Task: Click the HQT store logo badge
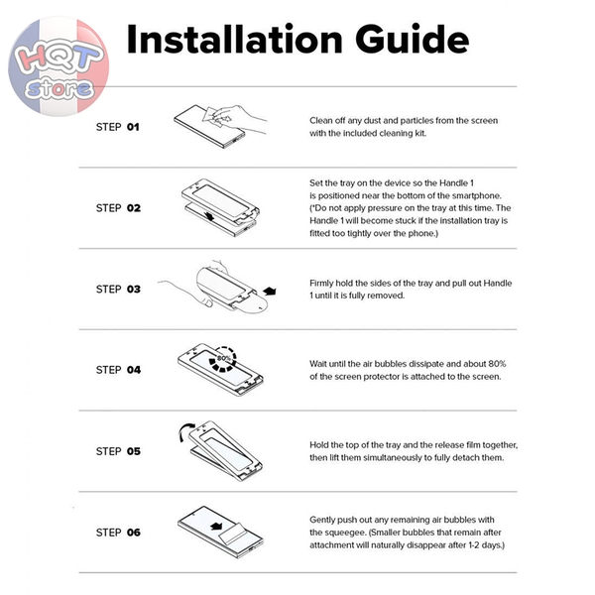[59, 65]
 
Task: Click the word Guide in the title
[413, 40]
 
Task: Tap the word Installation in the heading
[234, 40]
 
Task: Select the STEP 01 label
[118, 127]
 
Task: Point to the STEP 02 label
[118, 208]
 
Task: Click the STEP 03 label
[118, 290]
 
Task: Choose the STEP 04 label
[118, 370]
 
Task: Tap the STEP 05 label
[118, 451]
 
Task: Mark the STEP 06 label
[118, 533]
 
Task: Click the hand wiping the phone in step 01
[235, 118]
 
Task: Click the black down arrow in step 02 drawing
[209, 216]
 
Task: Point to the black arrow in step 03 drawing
[270, 291]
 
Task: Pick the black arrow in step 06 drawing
[216, 526]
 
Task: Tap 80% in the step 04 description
[497, 364]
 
